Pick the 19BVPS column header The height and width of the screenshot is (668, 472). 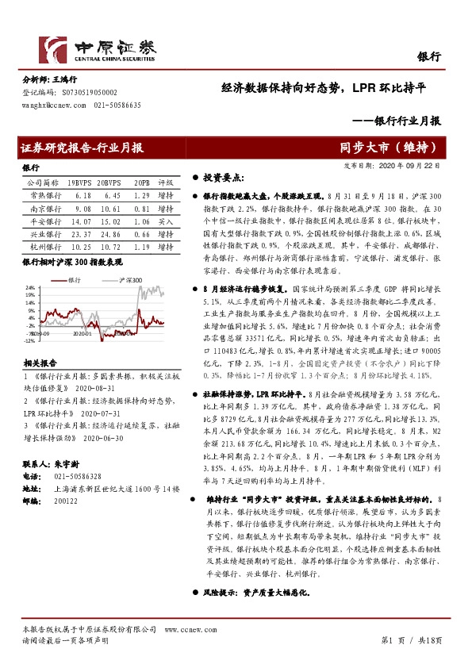tap(79, 182)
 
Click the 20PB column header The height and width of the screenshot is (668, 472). tap(141, 182)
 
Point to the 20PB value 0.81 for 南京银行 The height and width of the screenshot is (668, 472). tap(141, 208)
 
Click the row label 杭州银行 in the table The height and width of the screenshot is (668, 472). tap(40, 248)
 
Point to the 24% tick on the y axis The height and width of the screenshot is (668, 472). tap(29, 287)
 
